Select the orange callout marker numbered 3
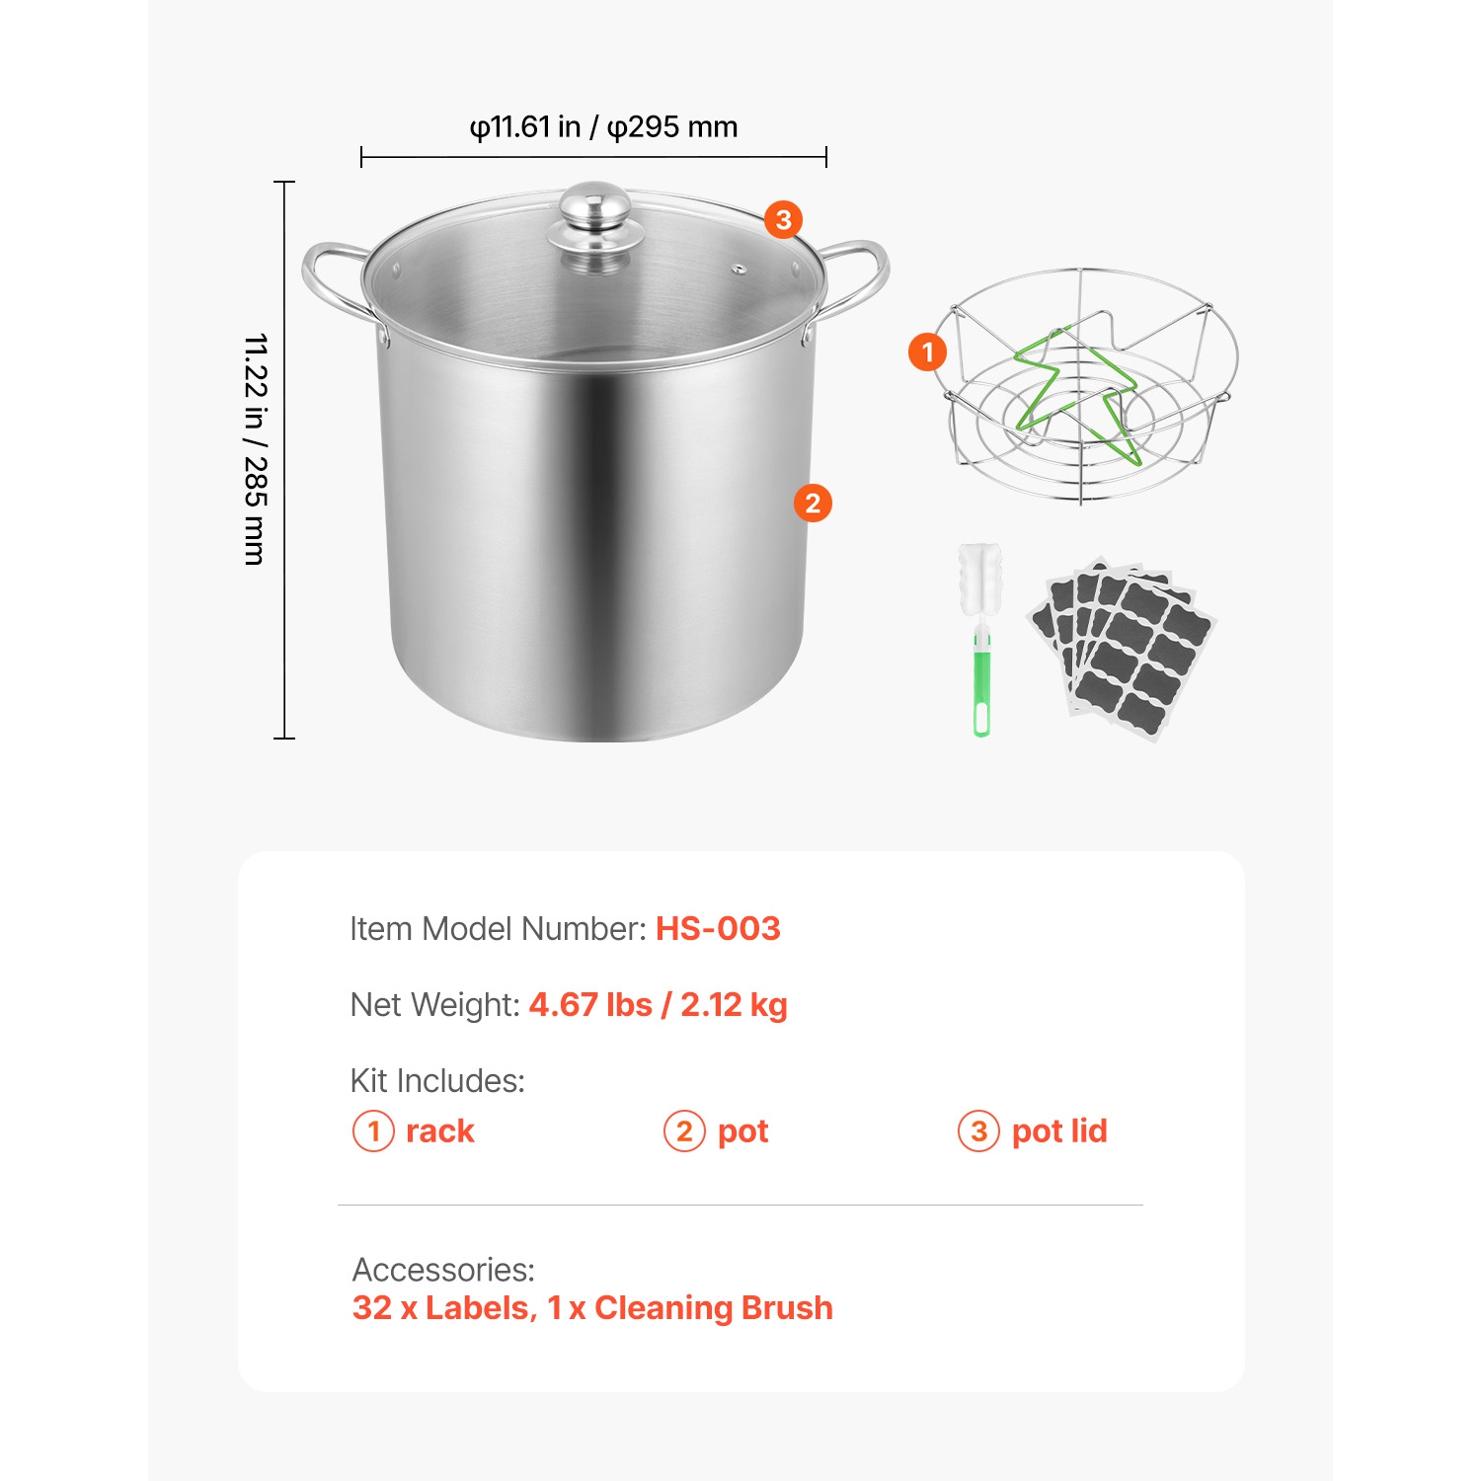[x=783, y=219]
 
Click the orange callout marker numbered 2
[x=813, y=504]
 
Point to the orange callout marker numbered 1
[x=927, y=351]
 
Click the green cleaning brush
[x=980, y=642]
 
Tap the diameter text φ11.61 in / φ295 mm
[x=603, y=127]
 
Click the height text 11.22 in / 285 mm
[x=256, y=449]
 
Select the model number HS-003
[x=718, y=929]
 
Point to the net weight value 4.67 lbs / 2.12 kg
[x=658, y=1005]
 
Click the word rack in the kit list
[x=439, y=1131]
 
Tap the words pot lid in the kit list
[x=1059, y=1131]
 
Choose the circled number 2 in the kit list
[x=684, y=1131]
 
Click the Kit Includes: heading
[x=437, y=1081]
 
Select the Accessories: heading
[x=443, y=1270]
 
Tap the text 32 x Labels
[x=443, y=1308]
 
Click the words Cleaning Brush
[x=713, y=1308]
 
